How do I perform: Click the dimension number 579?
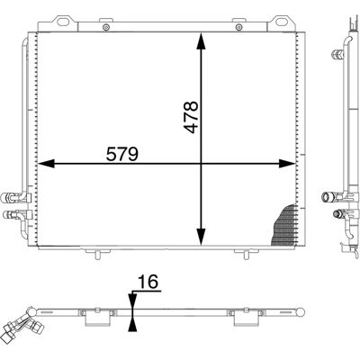pos(122,154)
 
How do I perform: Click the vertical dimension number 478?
pos(191,117)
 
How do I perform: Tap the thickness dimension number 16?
pos(148,282)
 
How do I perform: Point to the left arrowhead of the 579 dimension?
pos(46,164)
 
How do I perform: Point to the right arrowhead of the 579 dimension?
pos(287,164)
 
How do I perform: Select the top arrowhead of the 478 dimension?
pos(201,40)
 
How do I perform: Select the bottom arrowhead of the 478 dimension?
pos(201,237)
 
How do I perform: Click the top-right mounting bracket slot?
pos(282,22)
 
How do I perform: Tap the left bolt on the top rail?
pos(105,27)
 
